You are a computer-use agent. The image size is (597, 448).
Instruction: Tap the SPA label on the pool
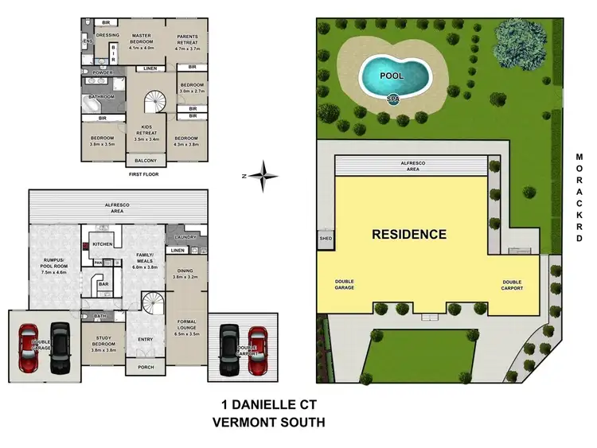[x=392, y=99]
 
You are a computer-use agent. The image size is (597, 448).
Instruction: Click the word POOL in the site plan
[x=391, y=76]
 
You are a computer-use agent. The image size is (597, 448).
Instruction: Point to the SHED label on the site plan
[x=326, y=238]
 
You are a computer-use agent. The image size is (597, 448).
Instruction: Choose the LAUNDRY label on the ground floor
[x=186, y=237]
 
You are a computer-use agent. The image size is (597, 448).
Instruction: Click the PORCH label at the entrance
[x=145, y=367]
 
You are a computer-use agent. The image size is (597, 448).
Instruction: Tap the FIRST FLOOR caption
[x=144, y=173]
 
